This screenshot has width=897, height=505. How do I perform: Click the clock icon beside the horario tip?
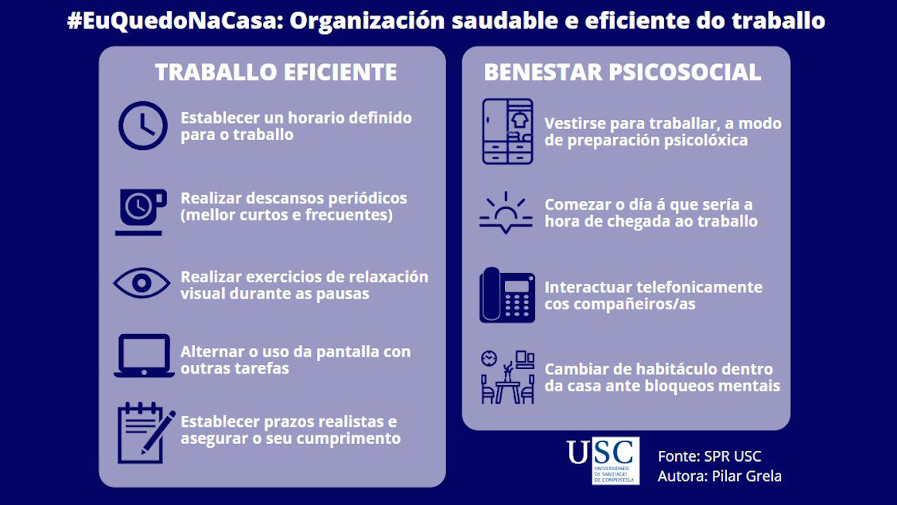pos(143,125)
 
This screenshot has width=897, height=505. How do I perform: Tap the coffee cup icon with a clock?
pos(142,210)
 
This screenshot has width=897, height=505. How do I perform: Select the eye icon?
pos(142,283)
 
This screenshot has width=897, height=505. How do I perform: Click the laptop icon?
pos(143,356)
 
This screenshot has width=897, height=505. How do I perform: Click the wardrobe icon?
pos(507,131)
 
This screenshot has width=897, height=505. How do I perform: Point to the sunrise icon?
pos(506,213)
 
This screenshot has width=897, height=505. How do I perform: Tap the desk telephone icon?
pos(507,295)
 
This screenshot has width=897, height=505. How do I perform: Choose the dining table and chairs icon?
pos(507,377)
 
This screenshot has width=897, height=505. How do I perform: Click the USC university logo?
pos(603,460)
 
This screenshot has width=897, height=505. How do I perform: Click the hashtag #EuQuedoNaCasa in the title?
pos(171,21)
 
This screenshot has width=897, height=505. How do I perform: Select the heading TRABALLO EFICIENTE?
pos(276,73)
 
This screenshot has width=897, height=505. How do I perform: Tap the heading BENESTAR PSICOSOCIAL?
pos(622,73)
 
